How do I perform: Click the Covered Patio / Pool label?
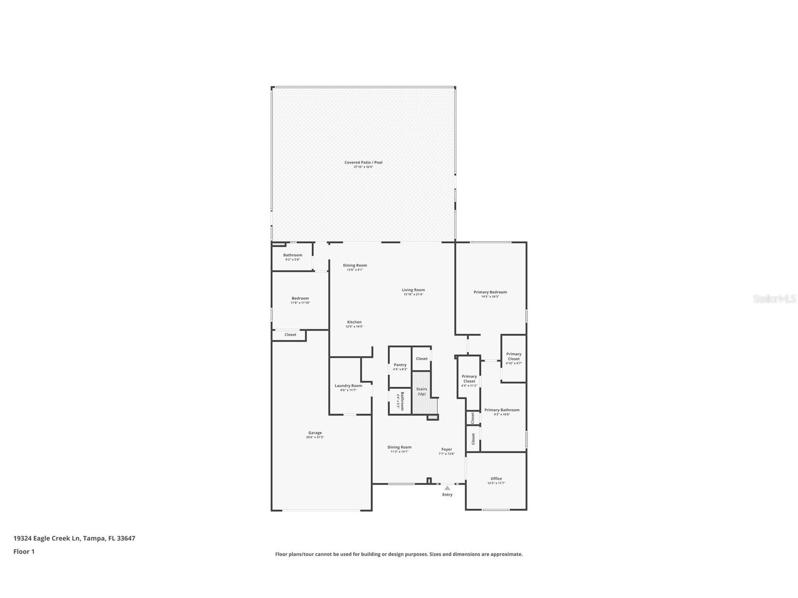tap(363, 162)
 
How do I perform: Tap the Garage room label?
tap(315, 433)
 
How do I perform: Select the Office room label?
tap(496, 479)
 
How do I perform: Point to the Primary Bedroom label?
tap(490, 292)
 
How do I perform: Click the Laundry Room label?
tap(348, 386)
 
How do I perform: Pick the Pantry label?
tap(400, 365)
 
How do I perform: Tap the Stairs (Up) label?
tap(422, 391)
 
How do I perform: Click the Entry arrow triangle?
tap(447, 488)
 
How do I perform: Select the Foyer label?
tap(446, 449)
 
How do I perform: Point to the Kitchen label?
tap(354, 322)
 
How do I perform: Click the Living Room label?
tap(413, 290)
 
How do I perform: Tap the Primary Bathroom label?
tap(502, 410)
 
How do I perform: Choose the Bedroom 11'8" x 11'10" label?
tap(300, 299)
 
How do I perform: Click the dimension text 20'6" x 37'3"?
tap(315, 437)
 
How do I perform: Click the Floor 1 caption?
tap(24, 551)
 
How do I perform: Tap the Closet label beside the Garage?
tap(291, 335)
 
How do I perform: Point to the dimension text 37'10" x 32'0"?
tap(363, 167)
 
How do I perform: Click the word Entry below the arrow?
tap(447, 495)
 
